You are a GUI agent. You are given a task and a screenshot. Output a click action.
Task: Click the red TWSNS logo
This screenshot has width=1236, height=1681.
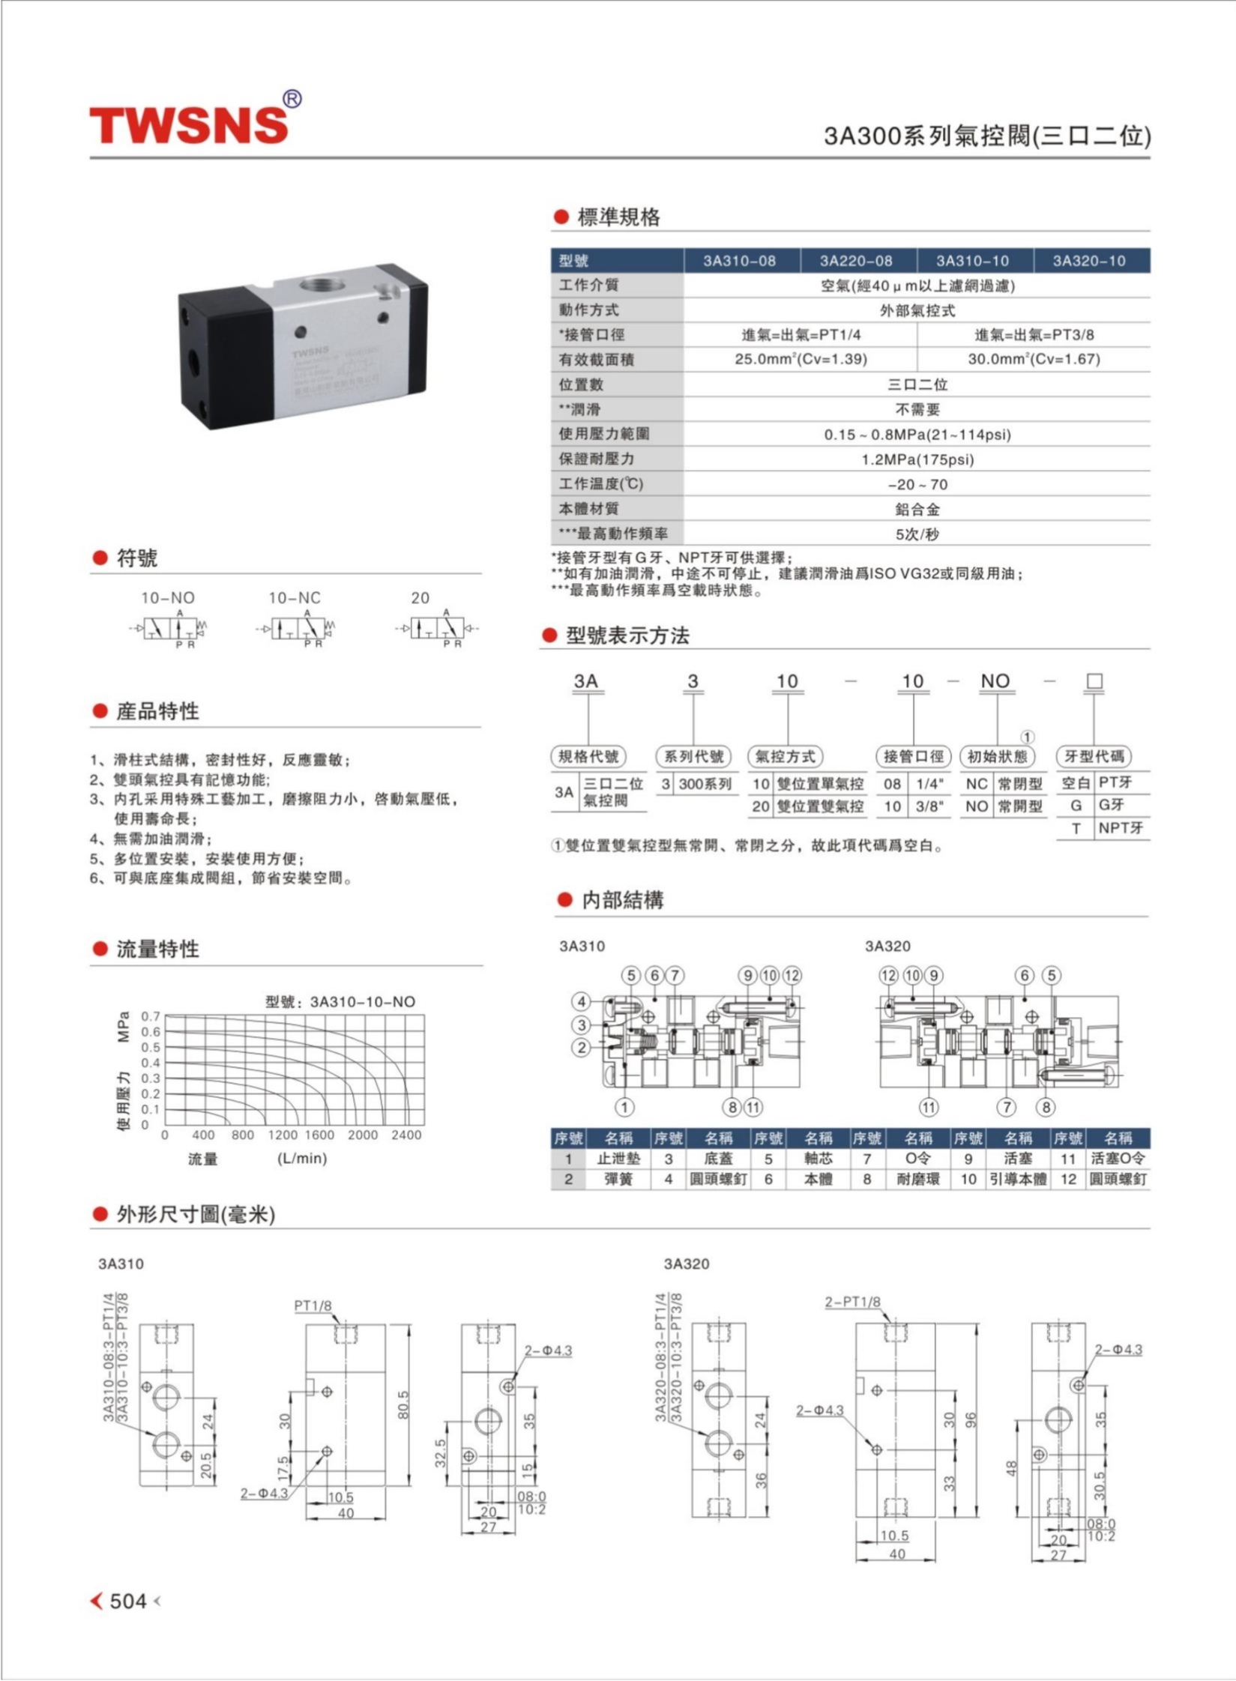point(189,124)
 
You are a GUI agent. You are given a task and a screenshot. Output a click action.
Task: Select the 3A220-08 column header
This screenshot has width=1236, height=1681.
point(856,261)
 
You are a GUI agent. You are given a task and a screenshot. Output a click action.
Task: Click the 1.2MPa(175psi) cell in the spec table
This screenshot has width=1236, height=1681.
point(917,459)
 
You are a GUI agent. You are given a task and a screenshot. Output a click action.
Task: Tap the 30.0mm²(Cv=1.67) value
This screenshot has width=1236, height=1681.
point(1034,360)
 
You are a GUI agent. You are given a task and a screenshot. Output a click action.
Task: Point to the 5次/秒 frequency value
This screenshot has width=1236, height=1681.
point(917,534)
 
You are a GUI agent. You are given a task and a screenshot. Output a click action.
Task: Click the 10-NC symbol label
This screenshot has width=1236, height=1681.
point(294,598)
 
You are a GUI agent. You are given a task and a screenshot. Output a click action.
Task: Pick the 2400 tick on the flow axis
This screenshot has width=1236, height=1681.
point(406,1135)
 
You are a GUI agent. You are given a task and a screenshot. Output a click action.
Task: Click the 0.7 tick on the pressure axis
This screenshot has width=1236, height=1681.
point(151,1016)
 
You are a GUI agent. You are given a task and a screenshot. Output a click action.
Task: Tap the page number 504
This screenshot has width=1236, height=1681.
point(127,1602)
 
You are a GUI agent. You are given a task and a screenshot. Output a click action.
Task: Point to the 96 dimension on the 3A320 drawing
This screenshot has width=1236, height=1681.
point(971,1420)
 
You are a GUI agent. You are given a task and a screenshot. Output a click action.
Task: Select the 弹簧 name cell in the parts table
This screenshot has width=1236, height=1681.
point(618,1180)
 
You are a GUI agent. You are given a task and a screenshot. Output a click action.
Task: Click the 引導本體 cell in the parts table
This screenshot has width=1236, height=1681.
point(1017,1180)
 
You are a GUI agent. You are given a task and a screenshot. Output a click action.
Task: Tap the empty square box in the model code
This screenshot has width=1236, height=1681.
point(1094,681)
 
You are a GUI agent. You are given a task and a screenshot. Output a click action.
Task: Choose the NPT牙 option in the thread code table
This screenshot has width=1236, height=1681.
point(1121,828)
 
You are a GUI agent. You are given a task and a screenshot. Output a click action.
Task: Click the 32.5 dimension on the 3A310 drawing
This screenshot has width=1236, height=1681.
point(440,1452)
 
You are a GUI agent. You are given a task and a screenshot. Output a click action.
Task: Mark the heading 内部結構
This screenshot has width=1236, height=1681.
point(622,900)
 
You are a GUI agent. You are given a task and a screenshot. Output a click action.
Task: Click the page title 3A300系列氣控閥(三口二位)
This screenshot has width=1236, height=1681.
point(986,136)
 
